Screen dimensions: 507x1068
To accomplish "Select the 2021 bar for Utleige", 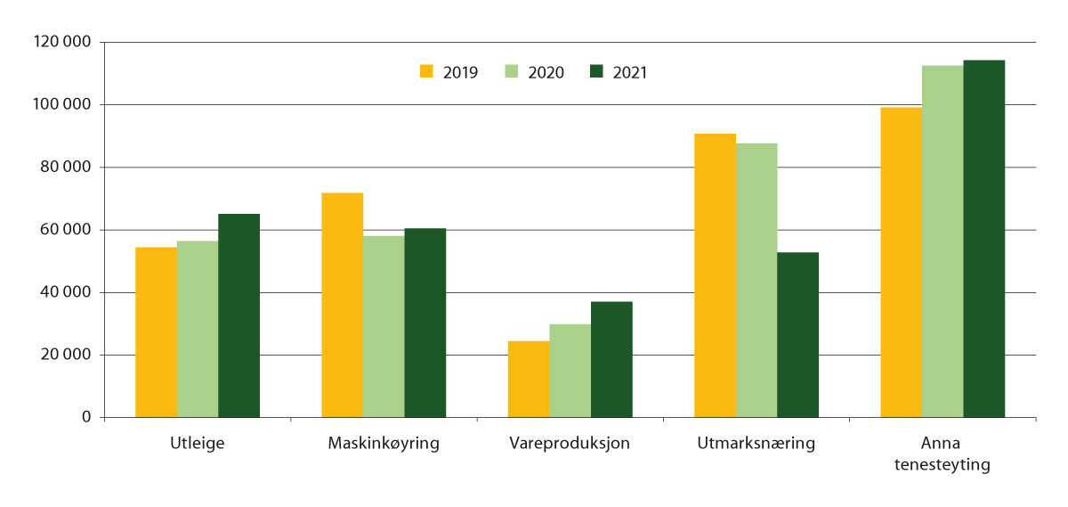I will [239, 315].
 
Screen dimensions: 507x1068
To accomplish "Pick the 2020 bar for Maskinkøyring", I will [384, 326].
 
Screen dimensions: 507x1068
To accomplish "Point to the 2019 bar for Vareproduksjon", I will [529, 379].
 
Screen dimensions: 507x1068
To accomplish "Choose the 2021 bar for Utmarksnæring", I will [797, 335].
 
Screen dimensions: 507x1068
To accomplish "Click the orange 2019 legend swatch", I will [426, 71].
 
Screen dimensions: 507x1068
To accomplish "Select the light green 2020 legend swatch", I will [512, 71].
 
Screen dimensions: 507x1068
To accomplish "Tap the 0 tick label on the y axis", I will [87, 418].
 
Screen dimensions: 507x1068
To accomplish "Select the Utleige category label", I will [197, 444].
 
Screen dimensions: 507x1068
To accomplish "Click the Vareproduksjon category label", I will [570, 444].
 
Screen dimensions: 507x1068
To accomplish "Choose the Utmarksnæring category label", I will [756, 444].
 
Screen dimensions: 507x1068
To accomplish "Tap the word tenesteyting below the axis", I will [942, 465].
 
